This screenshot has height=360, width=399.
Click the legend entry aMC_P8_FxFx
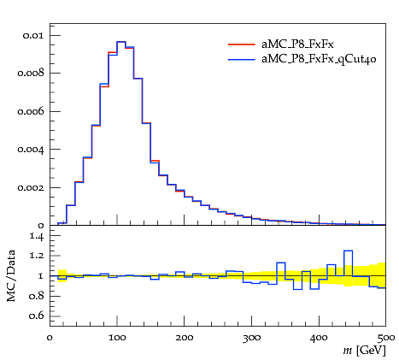tap(297, 44)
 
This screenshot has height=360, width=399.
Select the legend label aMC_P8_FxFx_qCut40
tap(319, 59)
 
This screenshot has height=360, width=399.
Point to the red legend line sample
tap(241, 44)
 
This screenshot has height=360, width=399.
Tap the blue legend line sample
tap(241, 59)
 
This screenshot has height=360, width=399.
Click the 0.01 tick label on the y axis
tap(33, 35)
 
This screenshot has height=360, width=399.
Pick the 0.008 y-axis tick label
tap(31, 74)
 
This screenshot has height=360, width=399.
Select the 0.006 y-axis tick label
tap(31, 111)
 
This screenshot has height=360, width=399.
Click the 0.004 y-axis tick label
tap(31, 150)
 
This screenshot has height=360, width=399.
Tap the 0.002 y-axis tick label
tap(31, 187)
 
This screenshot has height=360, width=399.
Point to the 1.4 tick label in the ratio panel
tap(37, 236)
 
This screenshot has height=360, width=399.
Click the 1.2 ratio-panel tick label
tap(37, 256)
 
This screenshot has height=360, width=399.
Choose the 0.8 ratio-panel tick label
tap(37, 296)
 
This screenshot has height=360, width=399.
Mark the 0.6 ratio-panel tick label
tap(37, 316)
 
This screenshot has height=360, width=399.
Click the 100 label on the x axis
tap(117, 338)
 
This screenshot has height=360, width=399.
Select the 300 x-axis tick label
tap(251, 339)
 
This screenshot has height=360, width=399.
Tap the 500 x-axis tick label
tap(385, 339)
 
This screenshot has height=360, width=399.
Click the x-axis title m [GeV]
tap(364, 351)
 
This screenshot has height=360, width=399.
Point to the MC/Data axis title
tap(11, 276)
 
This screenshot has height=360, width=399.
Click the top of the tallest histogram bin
tap(121, 42)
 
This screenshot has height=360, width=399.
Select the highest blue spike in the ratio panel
tap(348, 251)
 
